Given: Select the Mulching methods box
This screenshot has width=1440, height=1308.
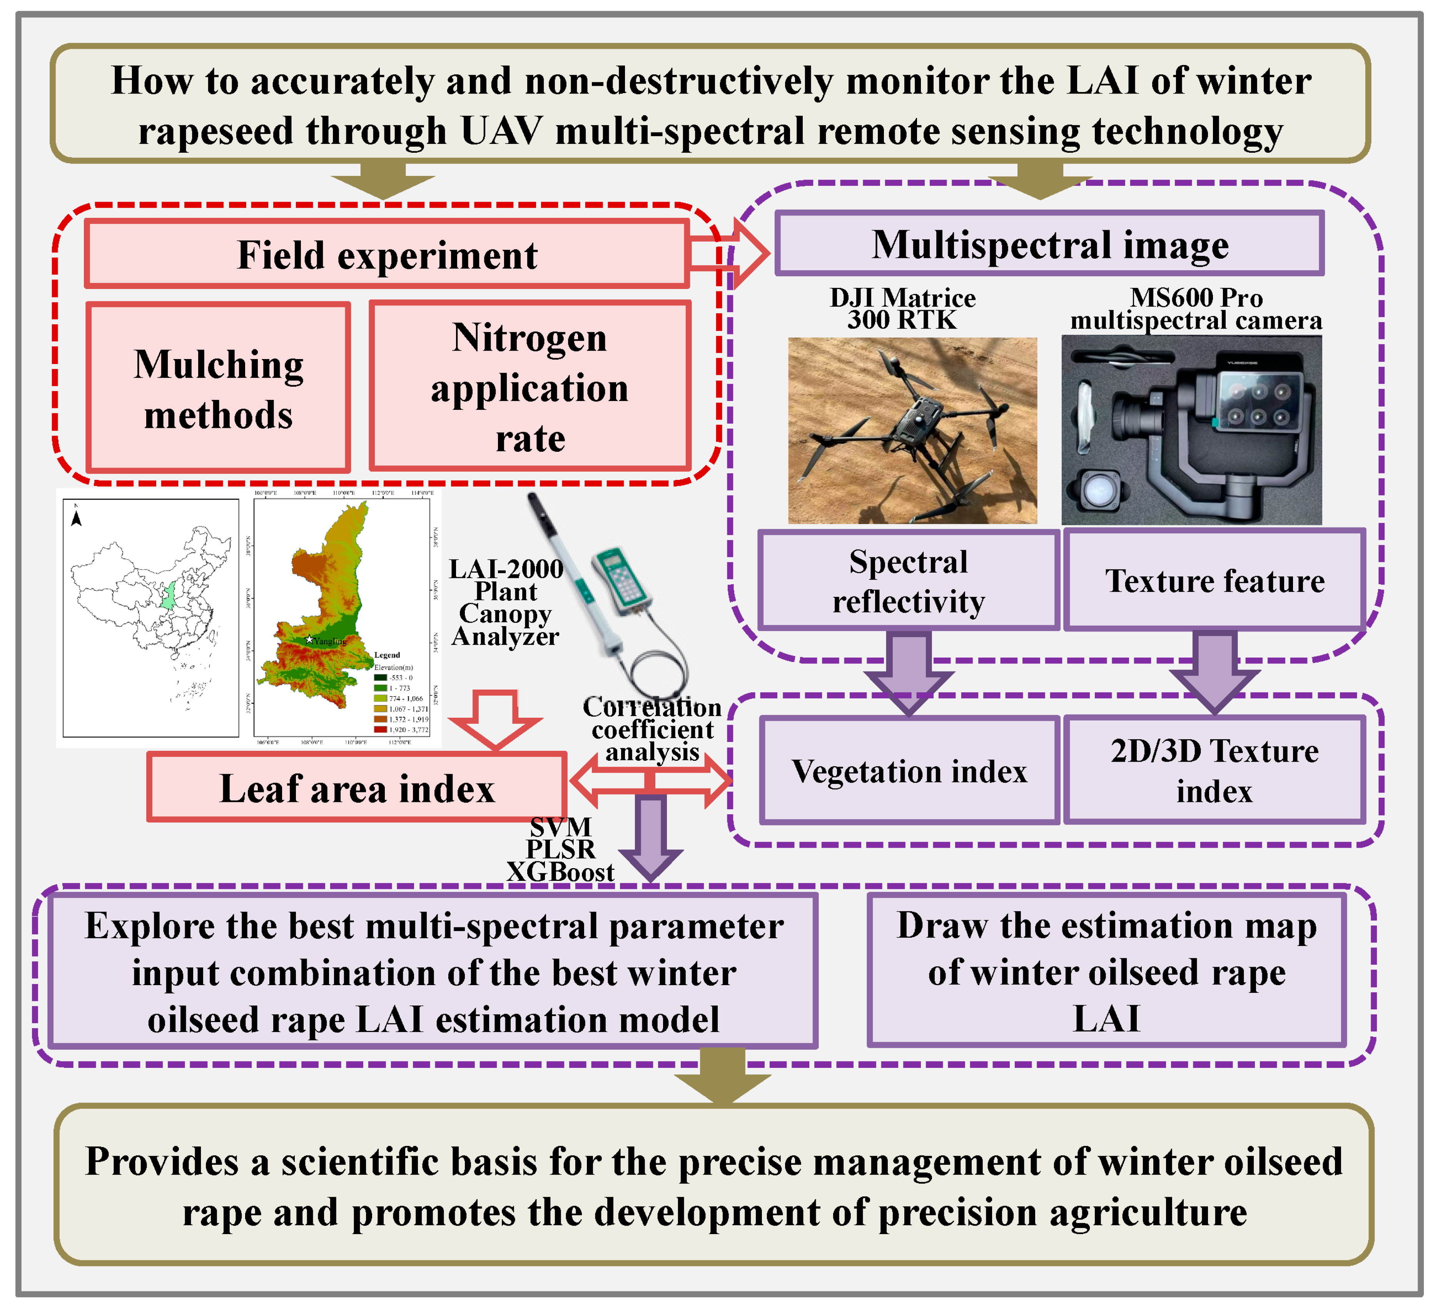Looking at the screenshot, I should point(218,388).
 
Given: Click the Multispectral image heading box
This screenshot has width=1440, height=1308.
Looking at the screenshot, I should point(1049,244).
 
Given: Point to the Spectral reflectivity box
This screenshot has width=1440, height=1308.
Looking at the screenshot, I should point(908,581).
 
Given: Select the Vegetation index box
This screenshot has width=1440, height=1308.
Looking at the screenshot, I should point(909,771).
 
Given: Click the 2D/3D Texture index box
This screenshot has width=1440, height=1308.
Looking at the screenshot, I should point(1214,771).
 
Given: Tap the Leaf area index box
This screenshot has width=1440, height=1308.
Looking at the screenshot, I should point(356,788).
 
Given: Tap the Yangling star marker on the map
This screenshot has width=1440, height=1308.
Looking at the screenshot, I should point(309,639).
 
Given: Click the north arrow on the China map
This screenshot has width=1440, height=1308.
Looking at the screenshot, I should point(77,518).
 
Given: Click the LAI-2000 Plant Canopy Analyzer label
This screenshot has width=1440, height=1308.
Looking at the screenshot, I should point(506,602).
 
